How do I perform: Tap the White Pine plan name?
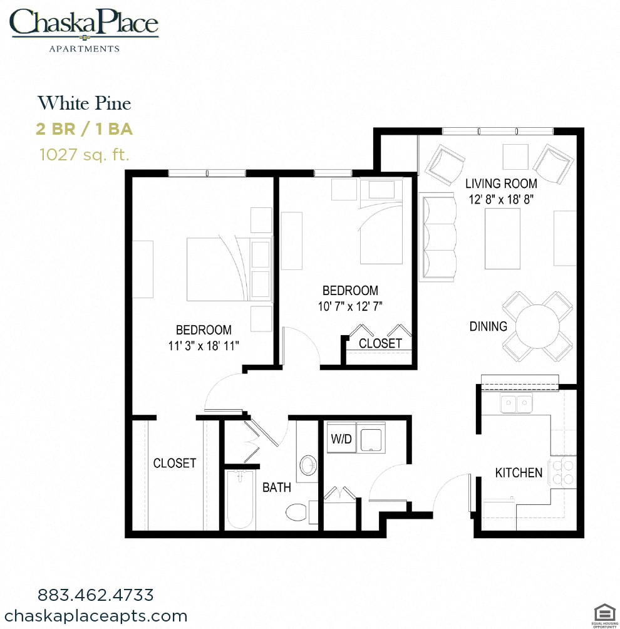[84, 103]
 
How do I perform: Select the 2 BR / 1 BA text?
[84, 129]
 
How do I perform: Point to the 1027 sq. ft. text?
[84, 154]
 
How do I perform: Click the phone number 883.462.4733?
[95, 594]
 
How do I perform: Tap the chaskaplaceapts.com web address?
[95, 616]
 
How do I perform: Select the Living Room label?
[501, 184]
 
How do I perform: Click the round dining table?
[539, 326]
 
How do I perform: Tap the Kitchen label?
[519, 472]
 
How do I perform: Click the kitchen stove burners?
[562, 472]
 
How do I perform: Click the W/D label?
[341, 439]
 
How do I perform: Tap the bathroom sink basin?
[308, 465]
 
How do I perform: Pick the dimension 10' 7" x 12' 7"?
[350, 306]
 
